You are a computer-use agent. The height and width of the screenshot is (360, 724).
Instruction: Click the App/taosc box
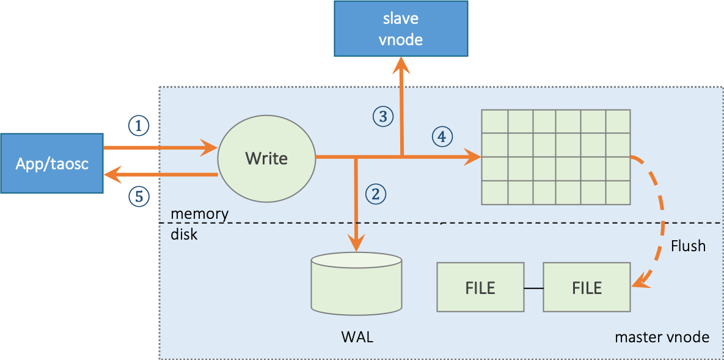[x=52, y=164]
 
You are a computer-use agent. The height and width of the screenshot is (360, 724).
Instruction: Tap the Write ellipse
[x=266, y=159]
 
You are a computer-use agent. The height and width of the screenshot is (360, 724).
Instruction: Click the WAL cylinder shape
[x=356, y=285]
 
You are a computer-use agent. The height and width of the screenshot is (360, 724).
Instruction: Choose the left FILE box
[x=480, y=287]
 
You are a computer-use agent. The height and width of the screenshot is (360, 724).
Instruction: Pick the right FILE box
[x=587, y=287]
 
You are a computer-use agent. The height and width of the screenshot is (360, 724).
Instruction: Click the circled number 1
[x=139, y=126]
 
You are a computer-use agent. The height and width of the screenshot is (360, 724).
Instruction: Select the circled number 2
[x=376, y=194]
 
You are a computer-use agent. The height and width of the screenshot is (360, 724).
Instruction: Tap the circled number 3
[x=382, y=116]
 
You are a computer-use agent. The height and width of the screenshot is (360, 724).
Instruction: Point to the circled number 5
[x=139, y=196]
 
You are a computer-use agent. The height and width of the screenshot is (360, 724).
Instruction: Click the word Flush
[x=688, y=246]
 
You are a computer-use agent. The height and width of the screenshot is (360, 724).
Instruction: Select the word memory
[x=199, y=214]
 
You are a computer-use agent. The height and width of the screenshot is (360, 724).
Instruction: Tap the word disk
[x=184, y=233]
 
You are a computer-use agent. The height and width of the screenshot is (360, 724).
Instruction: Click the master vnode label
[x=662, y=337]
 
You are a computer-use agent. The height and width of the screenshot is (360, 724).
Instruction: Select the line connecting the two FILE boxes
[x=533, y=287]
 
